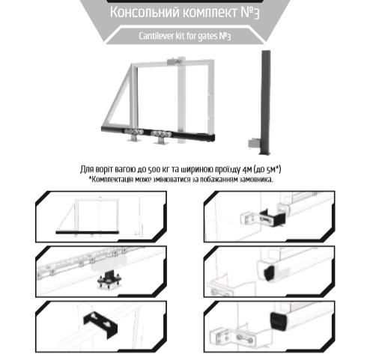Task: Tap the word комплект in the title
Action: pos(208,13)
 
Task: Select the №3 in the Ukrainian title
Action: pos(250,13)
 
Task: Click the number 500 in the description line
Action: pos(154,170)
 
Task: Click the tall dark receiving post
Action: pos(265,103)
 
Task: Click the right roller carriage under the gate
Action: pos(161,136)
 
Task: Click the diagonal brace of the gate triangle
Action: pos(116,96)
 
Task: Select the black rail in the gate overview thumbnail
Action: pos(88,233)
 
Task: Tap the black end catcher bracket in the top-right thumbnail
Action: pos(273,218)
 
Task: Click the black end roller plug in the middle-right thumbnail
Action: pos(269,273)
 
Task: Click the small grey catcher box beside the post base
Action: pos(254,143)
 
